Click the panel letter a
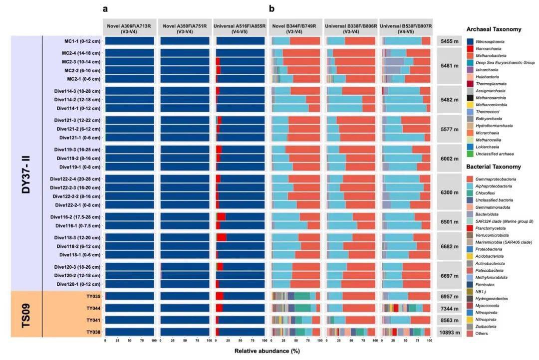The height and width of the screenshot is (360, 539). pyautogui.click(x=105, y=8)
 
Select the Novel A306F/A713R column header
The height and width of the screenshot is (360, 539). pyautogui.click(x=129, y=27)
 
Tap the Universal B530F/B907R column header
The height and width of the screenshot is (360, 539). pyautogui.click(x=405, y=27)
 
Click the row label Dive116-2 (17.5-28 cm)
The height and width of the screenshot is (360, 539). pyautogui.click(x=75, y=217)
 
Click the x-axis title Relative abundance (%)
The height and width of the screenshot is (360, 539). pyautogui.click(x=268, y=351)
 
